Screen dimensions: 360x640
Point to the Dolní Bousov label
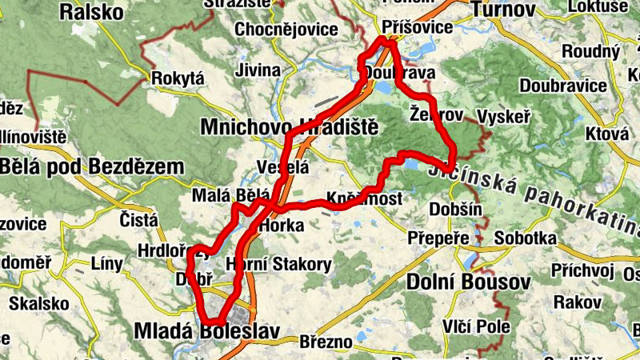click(x=469, y=282)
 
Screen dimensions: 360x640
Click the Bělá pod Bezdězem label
click(x=92, y=166)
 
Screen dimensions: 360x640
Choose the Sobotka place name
click(x=525, y=238)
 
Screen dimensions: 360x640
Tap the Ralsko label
click(x=92, y=12)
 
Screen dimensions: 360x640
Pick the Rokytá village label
click(x=178, y=78)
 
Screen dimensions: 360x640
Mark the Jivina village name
click(x=258, y=70)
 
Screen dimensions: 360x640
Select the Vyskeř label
click(x=503, y=117)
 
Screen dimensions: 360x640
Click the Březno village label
click(x=326, y=342)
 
